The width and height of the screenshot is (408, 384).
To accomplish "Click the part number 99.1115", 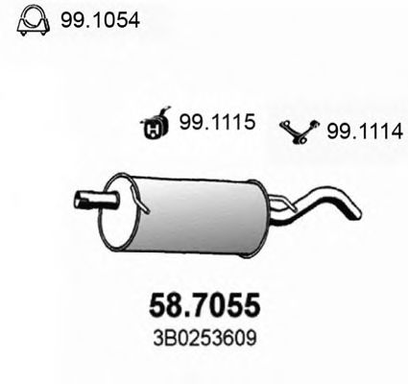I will click(216, 123).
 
